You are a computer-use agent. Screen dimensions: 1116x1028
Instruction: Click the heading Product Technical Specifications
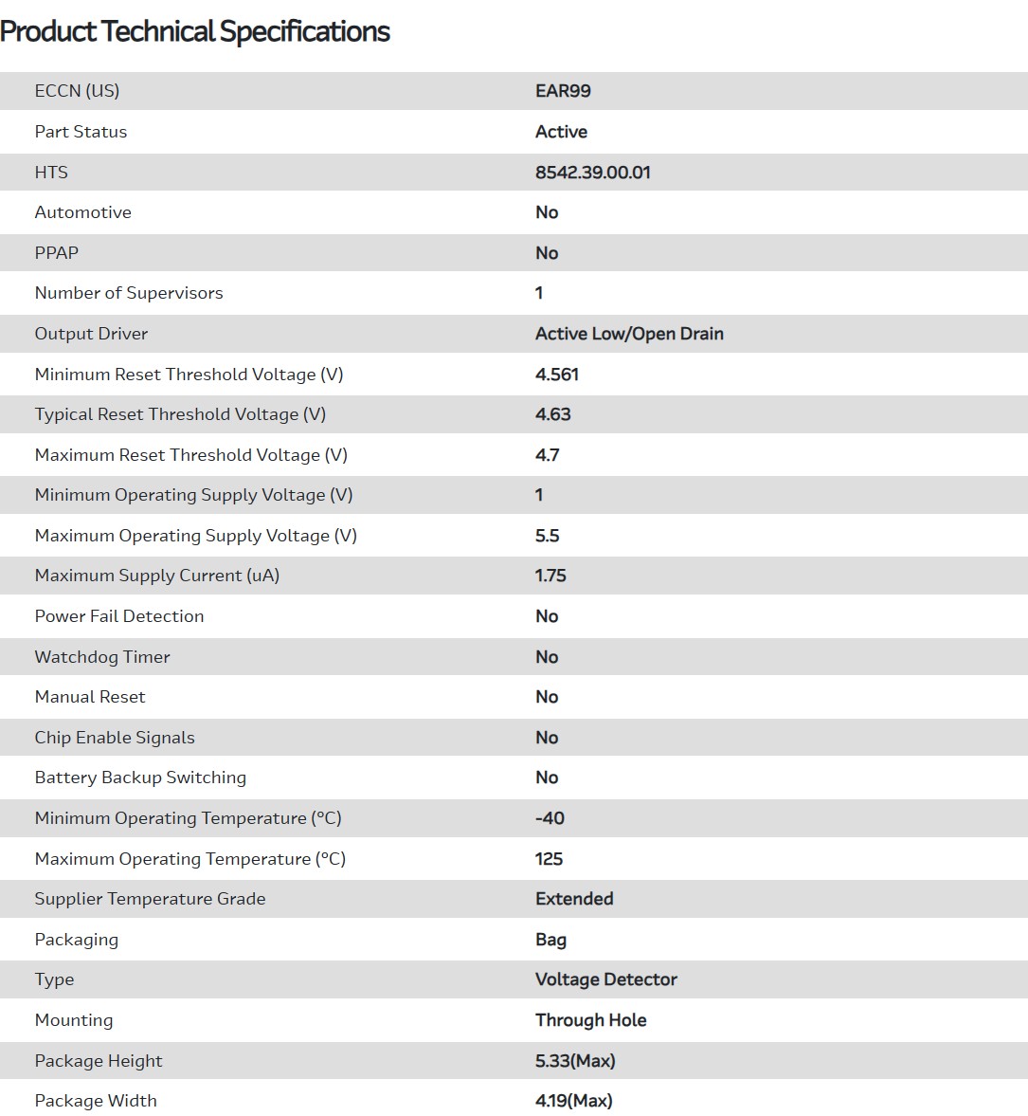point(195,31)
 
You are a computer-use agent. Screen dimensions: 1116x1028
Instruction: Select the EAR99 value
point(563,91)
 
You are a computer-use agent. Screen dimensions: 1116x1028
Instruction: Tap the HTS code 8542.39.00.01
point(592,173)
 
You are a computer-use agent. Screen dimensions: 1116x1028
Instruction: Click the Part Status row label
point(81,132)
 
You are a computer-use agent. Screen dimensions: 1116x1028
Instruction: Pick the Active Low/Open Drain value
point(629,334)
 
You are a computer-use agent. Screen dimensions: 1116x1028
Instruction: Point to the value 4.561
point(557,375)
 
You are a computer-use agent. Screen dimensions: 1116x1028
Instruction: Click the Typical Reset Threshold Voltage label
point(180,414)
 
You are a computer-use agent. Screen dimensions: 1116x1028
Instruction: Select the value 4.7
point(547,455)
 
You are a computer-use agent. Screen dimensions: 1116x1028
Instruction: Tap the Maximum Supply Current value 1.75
point(550,576)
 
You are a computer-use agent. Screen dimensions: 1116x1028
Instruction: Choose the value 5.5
point(547,536)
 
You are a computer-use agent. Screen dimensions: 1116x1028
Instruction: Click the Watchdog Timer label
point(102,657)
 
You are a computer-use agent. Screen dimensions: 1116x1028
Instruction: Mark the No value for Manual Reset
point(547,697)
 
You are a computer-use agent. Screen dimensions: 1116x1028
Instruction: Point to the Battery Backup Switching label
point(140,778)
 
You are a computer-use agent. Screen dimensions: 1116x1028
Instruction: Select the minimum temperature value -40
point(550,818)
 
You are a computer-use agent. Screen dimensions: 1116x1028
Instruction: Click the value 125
point(549,859)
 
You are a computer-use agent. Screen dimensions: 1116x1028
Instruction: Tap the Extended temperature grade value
point(574,899)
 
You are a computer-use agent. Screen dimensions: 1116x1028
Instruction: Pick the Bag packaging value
point(550,940)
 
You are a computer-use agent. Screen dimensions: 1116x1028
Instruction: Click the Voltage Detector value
point(606,979)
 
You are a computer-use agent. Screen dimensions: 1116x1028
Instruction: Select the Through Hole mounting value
point(590,1020)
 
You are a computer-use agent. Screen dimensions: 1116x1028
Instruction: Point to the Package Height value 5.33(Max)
point(575,1061)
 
